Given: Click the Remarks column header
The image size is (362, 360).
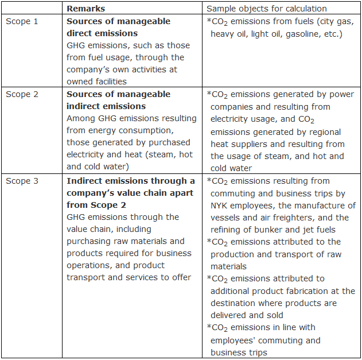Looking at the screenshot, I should tap(85, 9).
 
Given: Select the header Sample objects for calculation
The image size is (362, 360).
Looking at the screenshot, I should tap(266, 9).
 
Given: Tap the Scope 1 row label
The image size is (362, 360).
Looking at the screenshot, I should tap(22, 21).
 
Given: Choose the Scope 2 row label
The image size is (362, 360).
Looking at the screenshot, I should tap(22, 94).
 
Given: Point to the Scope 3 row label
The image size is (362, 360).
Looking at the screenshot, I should tap(22, 181).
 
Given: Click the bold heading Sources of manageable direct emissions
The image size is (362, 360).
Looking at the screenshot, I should tap(118, 27).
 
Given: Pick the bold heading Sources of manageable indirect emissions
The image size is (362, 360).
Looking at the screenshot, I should tap(118, 100).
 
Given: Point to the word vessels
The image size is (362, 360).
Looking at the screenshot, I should tap(226, 218).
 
